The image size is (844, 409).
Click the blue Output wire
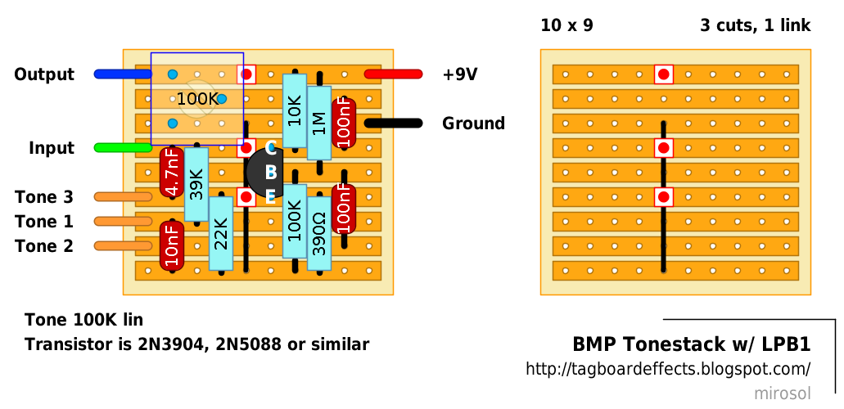123,74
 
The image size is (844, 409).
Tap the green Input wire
123,148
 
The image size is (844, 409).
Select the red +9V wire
393,74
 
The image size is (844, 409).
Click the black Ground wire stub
393,124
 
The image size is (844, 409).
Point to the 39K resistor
196,184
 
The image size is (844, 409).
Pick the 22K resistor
221,233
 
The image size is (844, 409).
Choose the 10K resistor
295,110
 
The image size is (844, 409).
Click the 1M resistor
319,123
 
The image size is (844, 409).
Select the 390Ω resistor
319,233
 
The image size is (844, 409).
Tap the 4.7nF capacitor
172,173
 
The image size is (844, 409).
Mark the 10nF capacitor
172,245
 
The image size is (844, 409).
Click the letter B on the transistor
271,173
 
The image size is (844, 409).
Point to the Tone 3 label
44,197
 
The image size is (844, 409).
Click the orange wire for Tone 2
123,246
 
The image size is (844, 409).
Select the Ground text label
473,124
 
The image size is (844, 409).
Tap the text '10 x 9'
566,25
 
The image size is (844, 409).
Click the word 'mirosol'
782,393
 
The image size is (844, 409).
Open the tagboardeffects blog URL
668,370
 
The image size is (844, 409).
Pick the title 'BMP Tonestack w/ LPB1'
691,345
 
